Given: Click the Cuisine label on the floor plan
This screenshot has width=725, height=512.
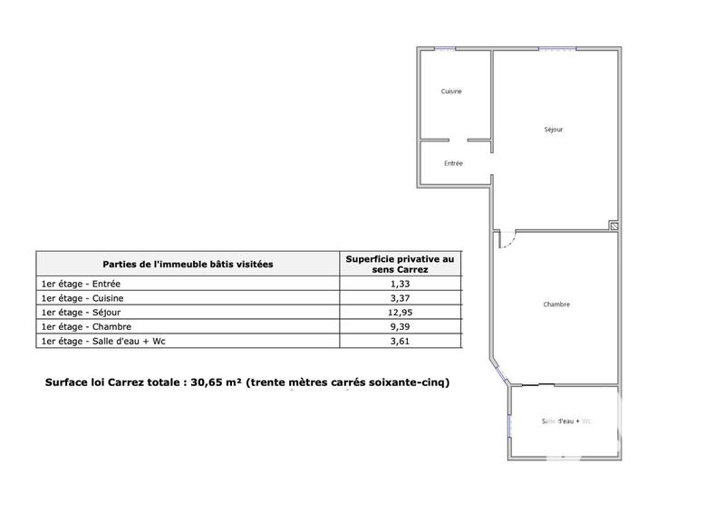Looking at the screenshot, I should [x=451, y=92].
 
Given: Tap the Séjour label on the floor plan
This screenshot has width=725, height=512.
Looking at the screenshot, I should [x=553, y=130].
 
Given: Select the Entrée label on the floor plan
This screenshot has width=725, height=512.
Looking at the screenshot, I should [x=453, y=164].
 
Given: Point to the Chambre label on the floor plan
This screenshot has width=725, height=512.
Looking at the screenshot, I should [x=556, y=304].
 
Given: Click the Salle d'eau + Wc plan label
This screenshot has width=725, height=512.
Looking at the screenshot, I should [x=565, y=421].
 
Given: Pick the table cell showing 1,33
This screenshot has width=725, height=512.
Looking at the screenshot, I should [x=400, y=284].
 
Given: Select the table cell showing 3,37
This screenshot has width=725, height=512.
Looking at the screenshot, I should [x=400, y=298].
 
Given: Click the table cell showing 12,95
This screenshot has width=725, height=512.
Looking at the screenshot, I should [x=400, y=313].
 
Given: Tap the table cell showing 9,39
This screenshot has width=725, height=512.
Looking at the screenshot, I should [x=400, y=326].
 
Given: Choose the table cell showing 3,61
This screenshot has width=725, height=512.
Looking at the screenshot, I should [x=400, y=341].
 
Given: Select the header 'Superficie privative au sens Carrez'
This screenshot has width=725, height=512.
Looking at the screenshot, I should [x=400, y=264].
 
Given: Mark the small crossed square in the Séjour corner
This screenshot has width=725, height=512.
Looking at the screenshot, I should [x=613, y=226].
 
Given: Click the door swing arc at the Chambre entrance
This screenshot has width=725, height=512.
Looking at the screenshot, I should [x=509, y=242].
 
